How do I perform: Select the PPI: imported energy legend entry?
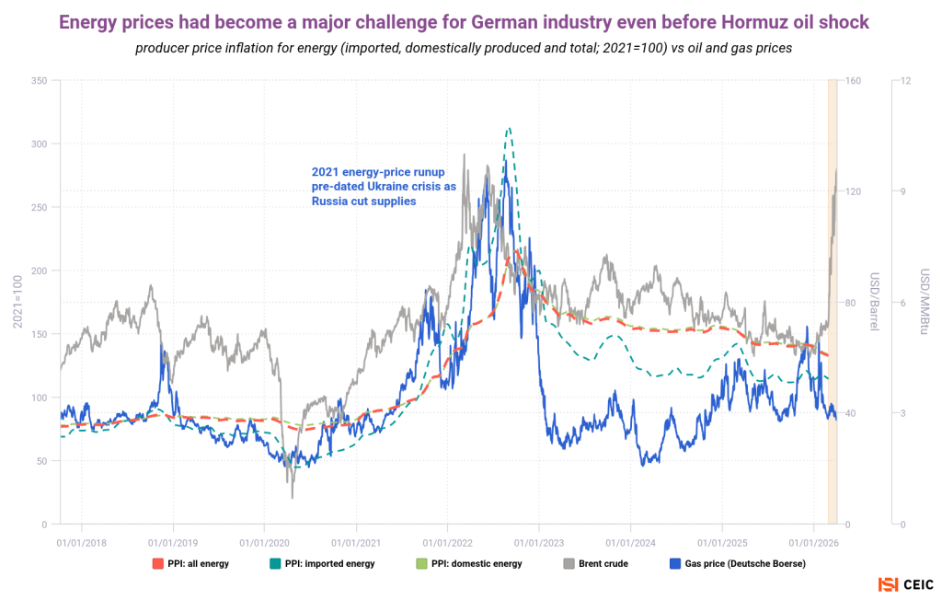pos(329,563)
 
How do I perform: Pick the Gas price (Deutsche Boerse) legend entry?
pos(737,563)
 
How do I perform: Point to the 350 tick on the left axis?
pos(40,81)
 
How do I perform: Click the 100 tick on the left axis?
pos(40,398)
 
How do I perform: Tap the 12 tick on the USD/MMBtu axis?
pos(905,81)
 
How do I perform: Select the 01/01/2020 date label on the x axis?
pos(264,542)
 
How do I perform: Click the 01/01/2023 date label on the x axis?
pos(539,542)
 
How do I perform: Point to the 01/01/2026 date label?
pos(814,542)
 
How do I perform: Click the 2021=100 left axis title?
pos(16,303)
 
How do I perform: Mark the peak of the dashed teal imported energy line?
pos(509,128)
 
